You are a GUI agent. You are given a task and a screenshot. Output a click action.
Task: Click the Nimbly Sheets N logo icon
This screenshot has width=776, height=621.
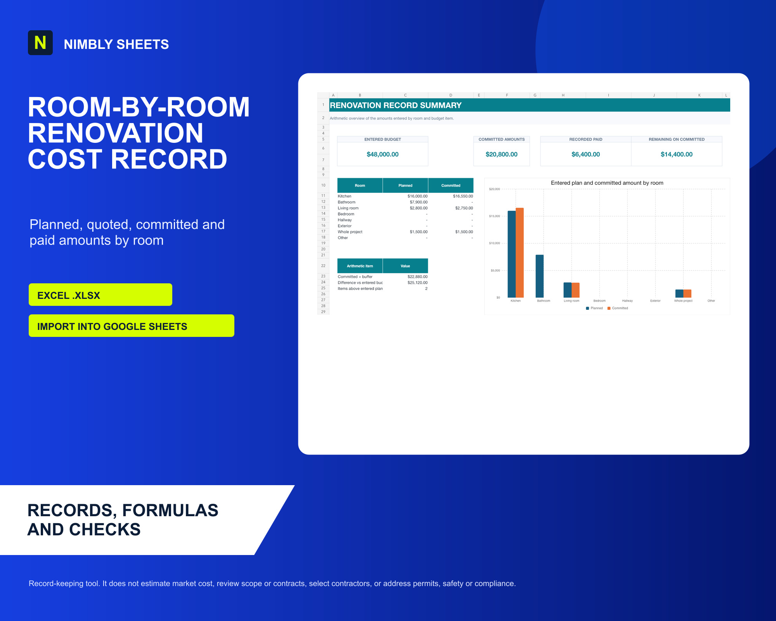coord(40,43)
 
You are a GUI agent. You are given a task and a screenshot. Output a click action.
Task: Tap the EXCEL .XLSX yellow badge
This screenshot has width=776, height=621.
coord(100,295)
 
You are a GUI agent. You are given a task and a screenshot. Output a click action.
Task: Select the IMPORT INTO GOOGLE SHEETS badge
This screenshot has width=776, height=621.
coord(132,326)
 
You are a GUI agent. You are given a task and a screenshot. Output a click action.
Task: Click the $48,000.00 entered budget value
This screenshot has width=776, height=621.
coord(383,154)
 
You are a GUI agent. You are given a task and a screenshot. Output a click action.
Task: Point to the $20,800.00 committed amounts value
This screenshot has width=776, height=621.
coord(501,154)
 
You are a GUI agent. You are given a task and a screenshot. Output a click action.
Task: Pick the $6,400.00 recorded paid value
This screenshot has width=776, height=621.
coord(585,154)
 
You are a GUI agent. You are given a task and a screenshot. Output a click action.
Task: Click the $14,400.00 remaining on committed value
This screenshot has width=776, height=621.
coord(676,154)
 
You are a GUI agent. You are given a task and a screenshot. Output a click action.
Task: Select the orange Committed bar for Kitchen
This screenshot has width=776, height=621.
coord(520,253)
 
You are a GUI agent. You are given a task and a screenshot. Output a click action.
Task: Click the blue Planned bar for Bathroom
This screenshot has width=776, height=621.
coord(539,276)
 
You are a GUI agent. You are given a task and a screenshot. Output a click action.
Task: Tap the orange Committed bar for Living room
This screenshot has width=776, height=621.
coord(575,290)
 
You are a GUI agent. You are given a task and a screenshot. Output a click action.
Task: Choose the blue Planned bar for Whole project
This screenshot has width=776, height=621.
coord(679,293)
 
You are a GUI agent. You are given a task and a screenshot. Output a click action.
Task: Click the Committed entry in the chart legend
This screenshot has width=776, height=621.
coord(618,308)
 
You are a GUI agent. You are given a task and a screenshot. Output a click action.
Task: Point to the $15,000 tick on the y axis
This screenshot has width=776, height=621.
coord(494,216)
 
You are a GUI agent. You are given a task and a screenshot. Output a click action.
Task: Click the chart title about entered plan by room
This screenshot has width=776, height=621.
coord(607,183)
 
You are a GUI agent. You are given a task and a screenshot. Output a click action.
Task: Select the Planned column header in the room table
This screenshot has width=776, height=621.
coord(405,186)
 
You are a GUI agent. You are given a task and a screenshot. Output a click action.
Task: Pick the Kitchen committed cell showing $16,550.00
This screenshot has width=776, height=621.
coord(463,196)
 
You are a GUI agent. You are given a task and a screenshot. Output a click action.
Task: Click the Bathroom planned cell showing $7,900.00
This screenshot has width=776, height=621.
coord(419,202)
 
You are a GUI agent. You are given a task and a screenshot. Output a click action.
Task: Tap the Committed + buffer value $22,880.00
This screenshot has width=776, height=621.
coord(417,277)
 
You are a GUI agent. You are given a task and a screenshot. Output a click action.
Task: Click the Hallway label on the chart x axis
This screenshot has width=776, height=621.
coord(627,301)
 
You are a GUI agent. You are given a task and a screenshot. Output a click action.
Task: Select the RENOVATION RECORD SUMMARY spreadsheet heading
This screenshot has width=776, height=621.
coord(395,105)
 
